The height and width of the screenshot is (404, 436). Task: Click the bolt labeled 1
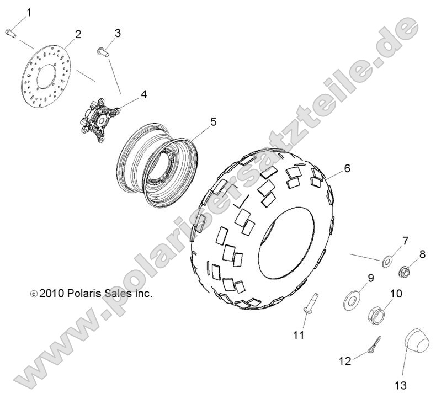[x=10, y=33]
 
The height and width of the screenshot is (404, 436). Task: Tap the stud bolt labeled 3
[x=103, y=52]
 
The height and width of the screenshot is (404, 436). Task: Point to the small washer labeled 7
[x=386, y=262]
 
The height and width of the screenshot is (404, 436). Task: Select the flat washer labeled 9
[x=351, y=300]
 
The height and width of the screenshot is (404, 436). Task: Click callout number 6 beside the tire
[x=347, y=168]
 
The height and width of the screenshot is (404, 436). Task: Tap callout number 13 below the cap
[x=400, y=385]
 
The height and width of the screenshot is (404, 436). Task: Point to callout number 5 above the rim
[x=213, y=122]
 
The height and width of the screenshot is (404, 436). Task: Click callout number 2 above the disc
[x=78, y=34]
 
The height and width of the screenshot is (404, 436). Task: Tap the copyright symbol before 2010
[x=34, y=294]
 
